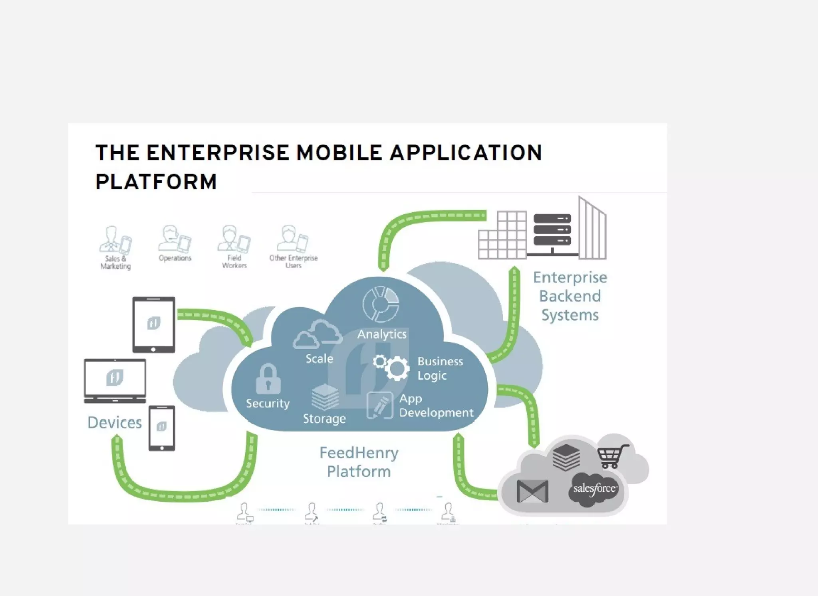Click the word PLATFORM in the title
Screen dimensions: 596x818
(156, 182)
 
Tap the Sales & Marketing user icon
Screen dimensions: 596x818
(115, 240)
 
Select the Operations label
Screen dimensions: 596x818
(175, 258)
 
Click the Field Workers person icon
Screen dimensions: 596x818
(234, 239)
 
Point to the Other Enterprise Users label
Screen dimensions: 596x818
(293, 262)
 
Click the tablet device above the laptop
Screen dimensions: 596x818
(154, 325)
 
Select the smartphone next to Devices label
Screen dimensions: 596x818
(162, 428)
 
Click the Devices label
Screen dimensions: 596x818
(115, 422)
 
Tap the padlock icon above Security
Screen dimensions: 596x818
(268, 379)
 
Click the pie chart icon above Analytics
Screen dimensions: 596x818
(381, 304)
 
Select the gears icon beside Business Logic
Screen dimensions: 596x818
(391, 366)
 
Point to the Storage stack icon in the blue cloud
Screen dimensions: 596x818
(325, 397)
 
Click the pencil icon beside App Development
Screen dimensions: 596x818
(379, 406)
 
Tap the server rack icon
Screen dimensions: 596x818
(552, 230)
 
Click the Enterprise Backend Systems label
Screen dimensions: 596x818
(570, 296)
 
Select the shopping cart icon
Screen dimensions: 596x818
(612, 456)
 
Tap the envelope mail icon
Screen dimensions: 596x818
(532, 491)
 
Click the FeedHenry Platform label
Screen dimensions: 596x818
(359, 462)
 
